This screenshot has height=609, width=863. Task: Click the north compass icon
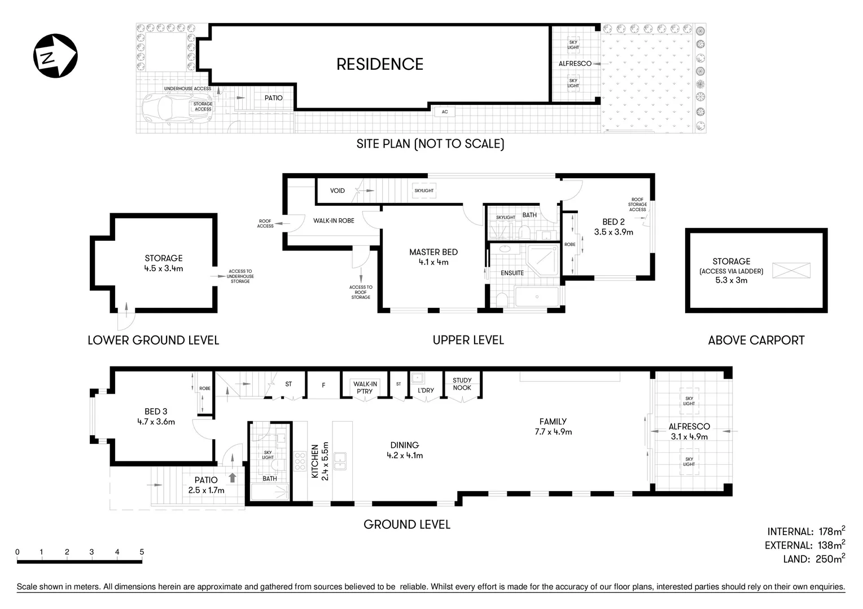(x=55, y=56)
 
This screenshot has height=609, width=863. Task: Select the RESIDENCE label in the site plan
(x=379, y=64)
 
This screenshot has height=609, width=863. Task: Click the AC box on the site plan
(x=445, y=112)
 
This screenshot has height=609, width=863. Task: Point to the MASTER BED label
(x=433, y=252)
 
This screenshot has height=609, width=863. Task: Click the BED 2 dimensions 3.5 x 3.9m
(x=614, y=232)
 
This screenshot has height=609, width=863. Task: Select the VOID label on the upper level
(x=338, y=191)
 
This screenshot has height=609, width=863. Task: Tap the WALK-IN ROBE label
(x=334, y=220)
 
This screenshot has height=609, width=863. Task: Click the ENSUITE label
(x=512, y=273)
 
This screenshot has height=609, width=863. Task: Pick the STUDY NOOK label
(x=462, y=384)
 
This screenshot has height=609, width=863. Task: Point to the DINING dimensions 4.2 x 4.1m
(x=405, y=456)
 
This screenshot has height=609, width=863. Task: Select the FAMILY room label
(x=553, y=421)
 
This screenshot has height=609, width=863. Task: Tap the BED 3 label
(x=156, y=412)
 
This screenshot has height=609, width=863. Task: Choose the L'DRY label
(x=426, y=390)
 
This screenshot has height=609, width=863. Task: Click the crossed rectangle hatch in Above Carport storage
(x=791, y=270)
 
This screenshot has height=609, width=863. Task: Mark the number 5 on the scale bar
(x=142, y=552)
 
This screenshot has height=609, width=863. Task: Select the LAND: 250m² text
(x=813, y=559)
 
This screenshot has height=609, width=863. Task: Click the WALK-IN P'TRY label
(x=365, y=387)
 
